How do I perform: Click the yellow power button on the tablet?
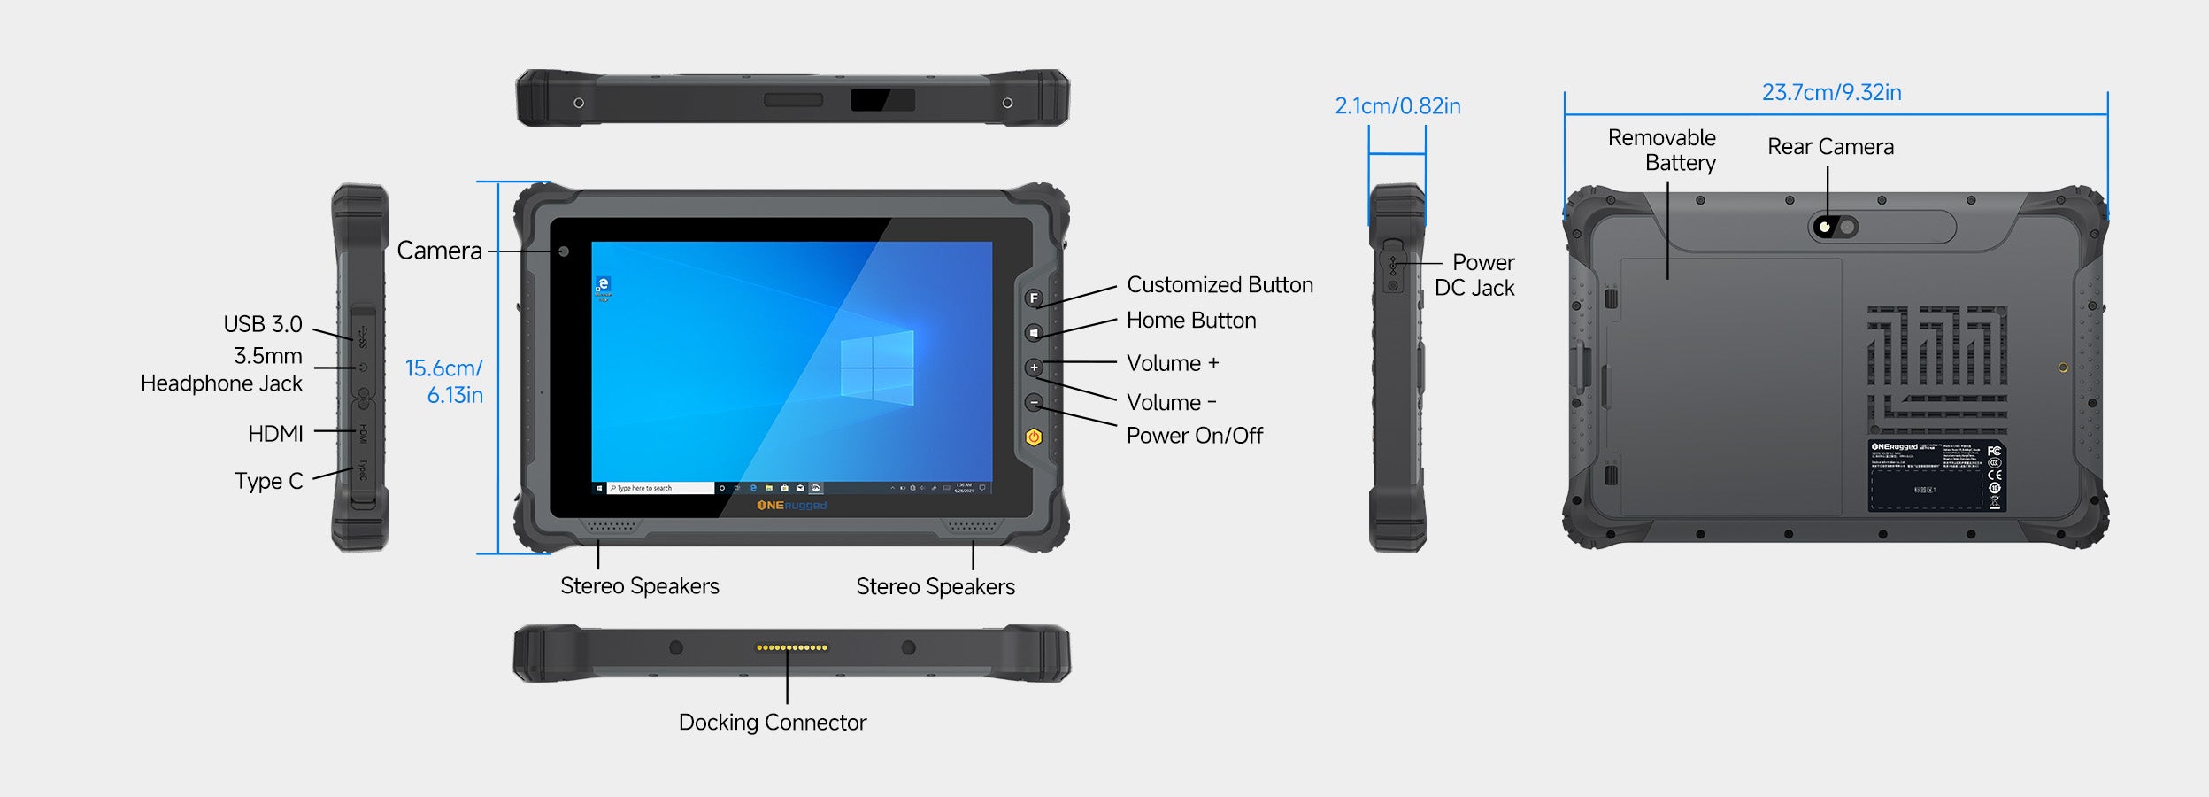click(1034, 437)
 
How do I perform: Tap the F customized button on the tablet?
click(1034, 298)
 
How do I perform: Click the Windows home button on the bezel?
click(1034, 333)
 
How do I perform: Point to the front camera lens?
click(564, 251)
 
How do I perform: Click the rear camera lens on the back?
click(1825, 228)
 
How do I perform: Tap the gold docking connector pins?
click(791, 647)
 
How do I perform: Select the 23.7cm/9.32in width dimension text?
click(1831, 92)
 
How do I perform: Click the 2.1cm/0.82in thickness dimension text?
click(1397, 106)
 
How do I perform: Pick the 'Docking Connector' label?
click(772, 723)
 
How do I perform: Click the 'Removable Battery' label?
click(1661, 151)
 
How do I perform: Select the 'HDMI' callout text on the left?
click(275, 433)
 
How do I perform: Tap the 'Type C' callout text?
click(268, 481)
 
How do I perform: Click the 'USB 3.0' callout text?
click(263, 324)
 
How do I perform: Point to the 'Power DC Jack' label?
click(1474, 275)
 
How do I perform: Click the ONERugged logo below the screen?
click(791, 506)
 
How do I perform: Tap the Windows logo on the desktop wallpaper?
click(876, 368)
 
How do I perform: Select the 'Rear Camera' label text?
click(1830, 147)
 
